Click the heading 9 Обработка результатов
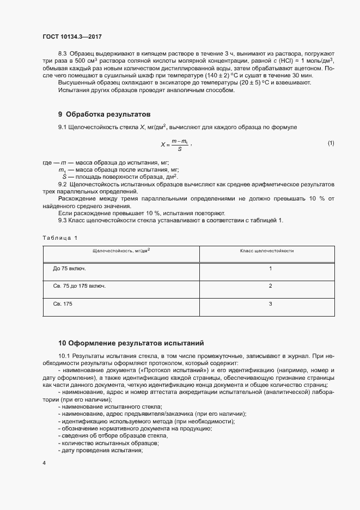coord(104,114)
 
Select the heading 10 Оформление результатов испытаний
coord(131,343)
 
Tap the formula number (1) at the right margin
coord(331,143)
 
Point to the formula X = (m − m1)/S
coord(175,144)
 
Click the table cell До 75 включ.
coord(69,269)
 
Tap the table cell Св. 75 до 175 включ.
coord(79,286)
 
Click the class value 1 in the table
coord(270,269)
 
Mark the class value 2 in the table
coord(270,286)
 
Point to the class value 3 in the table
coord(270,303)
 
